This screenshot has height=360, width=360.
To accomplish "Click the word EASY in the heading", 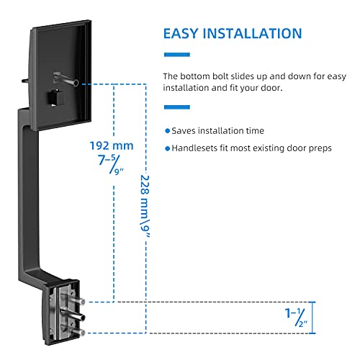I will pos(184,34).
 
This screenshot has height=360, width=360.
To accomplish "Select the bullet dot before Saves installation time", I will pos(167,131).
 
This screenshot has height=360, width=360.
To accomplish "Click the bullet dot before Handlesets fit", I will pos(167,148).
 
